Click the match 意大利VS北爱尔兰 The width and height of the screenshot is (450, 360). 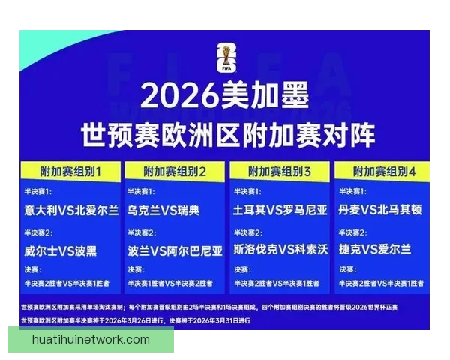click(x=71, y=211)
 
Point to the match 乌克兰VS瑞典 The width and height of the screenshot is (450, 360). click(x=163, y=211)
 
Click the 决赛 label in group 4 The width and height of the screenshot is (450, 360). click(x=346, y=269)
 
